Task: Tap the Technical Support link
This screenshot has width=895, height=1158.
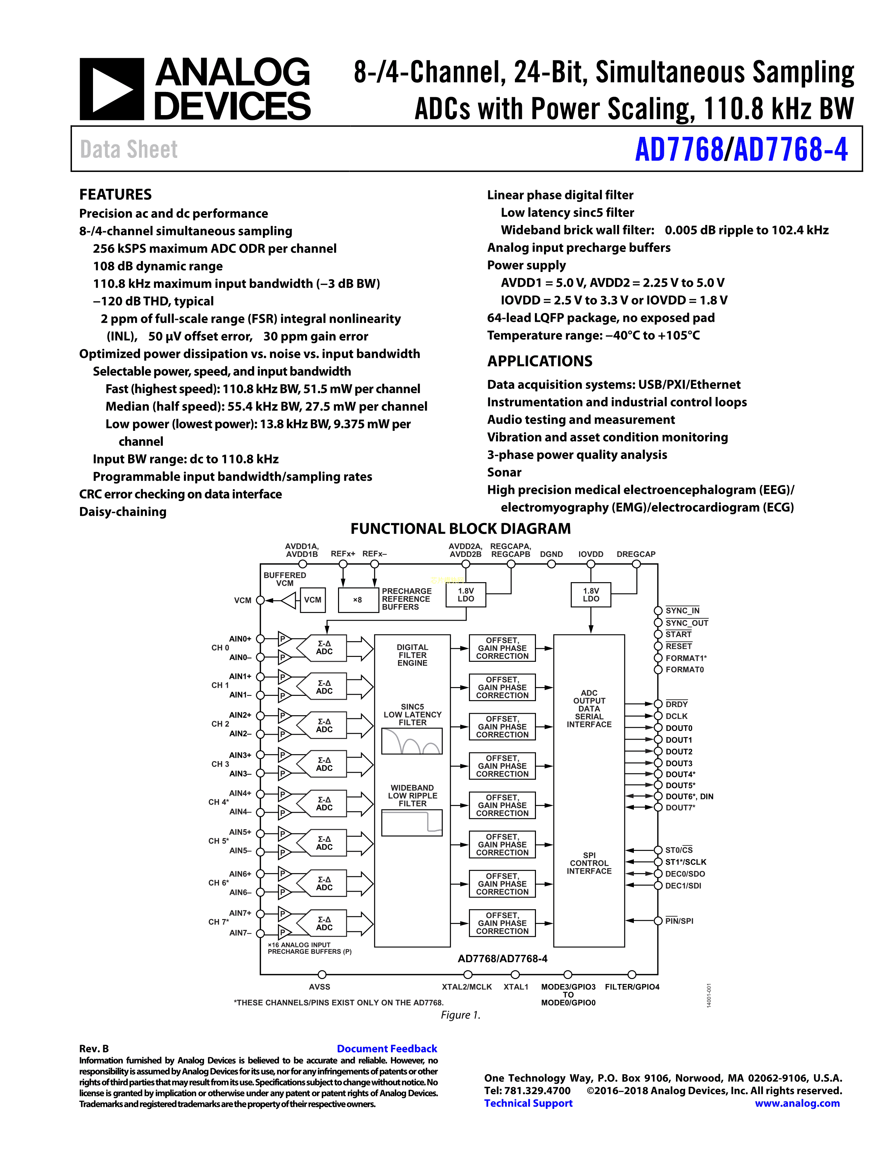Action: point(528,1103)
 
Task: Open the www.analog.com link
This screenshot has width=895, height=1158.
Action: point(797,1103)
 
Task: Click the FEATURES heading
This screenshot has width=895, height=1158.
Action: point(115,195)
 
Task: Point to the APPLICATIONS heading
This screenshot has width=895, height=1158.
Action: point(539,361)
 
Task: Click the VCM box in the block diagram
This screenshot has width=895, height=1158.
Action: point(312,600)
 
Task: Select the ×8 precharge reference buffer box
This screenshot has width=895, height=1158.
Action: point(358,600)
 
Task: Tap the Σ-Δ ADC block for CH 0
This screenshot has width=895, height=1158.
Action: point(324,647)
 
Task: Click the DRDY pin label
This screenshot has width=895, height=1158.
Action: point(677,704)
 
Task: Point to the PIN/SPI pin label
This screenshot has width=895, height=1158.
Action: point(679,921)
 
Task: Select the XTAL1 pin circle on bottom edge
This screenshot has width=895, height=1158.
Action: point(515,974)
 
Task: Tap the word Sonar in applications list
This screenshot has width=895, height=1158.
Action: point(504,472)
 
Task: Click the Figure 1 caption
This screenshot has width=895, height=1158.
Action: point(460,1015)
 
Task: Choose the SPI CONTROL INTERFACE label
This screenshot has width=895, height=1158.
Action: point(589,863)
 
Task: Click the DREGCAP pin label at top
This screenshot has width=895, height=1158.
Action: point(636,554)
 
